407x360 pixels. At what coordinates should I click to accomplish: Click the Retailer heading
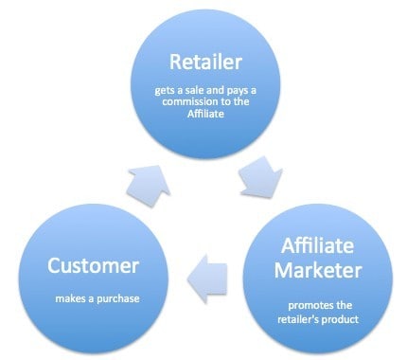coord(205,62)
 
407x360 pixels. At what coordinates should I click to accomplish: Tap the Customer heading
coord(93,265)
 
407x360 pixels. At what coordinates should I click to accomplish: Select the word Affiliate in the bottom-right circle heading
coord(317,245)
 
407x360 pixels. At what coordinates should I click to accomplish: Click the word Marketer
coord(318,270)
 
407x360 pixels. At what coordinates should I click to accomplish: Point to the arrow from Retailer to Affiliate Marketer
coord(261,177)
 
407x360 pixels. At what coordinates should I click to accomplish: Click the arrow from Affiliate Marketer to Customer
coord(207,279)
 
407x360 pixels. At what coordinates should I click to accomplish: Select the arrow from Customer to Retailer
coord(148,186)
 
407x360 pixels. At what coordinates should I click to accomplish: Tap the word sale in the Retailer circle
coord(191,91)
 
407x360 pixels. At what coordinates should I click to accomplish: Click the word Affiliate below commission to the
coord(205,114)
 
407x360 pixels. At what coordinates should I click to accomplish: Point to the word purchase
coord(118,299)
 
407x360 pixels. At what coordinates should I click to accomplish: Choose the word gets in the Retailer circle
coord(162,91)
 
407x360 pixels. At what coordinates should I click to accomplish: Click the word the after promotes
coord(344,305)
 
